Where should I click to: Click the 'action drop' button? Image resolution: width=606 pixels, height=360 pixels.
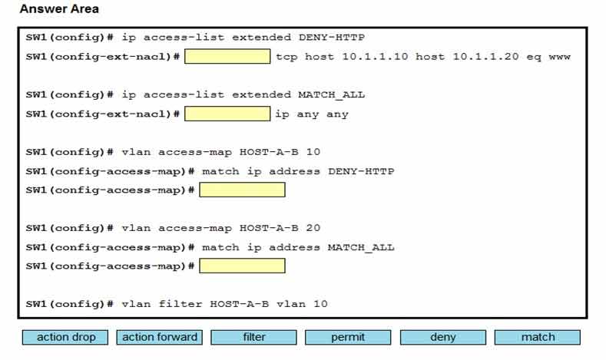(x=65, y=337)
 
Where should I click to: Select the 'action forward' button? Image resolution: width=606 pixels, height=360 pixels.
(x=160, y=337)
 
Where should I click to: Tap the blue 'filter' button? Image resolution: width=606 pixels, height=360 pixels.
(x=254, y=337)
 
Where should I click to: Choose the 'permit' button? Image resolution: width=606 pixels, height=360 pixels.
(x=348, y=337)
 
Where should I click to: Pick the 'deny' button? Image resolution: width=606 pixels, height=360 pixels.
(x=443, y=337)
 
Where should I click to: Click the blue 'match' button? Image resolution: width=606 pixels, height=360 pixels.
(x=538, y=337)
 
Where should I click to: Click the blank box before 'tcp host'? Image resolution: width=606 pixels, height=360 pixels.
(x=227, y=56)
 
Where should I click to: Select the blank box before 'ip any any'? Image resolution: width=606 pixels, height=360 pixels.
(x=227, y=114)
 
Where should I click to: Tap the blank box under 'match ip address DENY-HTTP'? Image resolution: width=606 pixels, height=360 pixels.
(x=242, y=190)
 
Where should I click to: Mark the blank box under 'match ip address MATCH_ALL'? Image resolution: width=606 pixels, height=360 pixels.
(x=242, y=266)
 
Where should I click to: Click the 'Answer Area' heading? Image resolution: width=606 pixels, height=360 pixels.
(x=59, y=9)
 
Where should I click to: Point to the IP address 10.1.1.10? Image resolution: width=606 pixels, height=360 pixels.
(x=375, y=57)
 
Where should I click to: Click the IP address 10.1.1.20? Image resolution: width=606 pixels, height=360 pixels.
(x=486, y=57)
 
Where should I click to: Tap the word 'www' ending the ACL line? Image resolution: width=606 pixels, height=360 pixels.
(x=560, y=57)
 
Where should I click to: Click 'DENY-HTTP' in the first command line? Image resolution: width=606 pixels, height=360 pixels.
(x=332, y=38)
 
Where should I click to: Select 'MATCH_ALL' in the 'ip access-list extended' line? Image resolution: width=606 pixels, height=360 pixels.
(x=332, y=94)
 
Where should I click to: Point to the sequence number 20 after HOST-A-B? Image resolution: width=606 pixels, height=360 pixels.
(x=313, y=228)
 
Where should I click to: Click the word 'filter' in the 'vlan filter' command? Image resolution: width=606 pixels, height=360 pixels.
(x=180, y=304)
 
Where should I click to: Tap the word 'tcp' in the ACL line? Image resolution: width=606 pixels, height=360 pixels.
(x=286, y=57)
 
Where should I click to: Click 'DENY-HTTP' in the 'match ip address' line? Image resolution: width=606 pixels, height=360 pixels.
(x=361, y=171)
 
